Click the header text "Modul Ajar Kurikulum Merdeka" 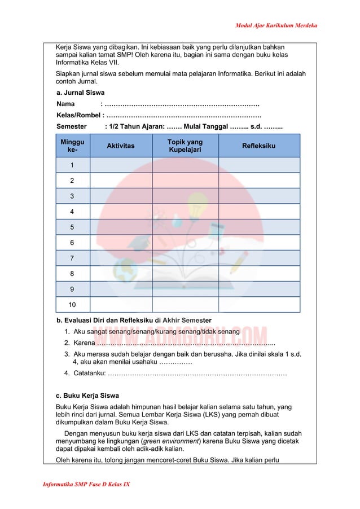275,26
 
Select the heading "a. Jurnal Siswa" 80,93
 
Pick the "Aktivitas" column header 121,146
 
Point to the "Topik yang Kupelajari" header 185,146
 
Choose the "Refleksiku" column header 258,146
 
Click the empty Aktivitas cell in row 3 121,196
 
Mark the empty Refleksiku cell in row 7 258,258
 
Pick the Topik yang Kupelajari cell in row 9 185,289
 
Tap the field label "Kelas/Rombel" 78,115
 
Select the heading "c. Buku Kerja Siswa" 87,395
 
